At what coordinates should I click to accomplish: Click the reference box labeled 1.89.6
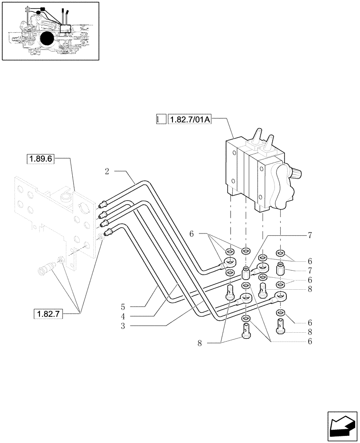pos(40,159)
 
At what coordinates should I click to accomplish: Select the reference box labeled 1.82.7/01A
pos(190,119)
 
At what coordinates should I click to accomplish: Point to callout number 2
pos(107,171)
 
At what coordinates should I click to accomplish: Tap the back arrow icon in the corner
pos(342,424)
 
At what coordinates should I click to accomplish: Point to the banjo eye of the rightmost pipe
pos(279,296)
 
